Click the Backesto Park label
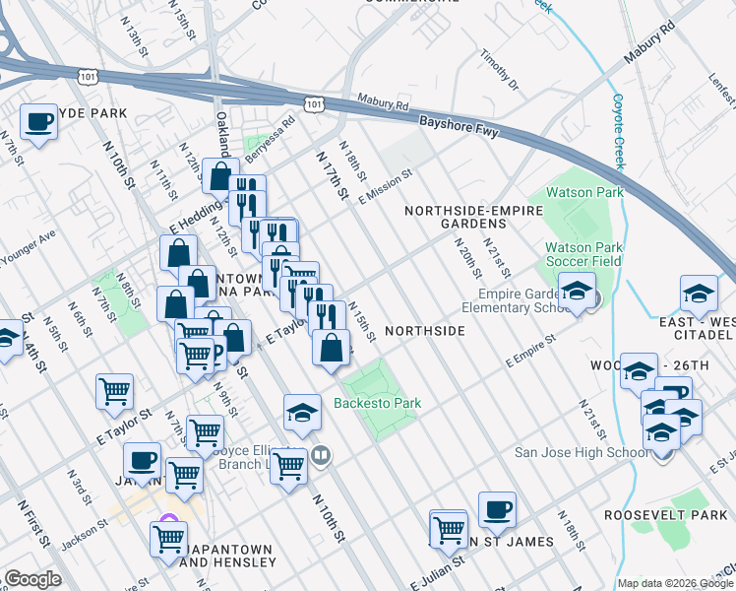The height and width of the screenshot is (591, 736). point(377,403)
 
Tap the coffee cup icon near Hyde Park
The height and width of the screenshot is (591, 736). point(38,123)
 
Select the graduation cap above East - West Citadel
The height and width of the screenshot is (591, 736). point(699,294)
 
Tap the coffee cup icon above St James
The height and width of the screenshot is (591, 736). point(497,510)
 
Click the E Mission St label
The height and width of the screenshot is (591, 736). point(385,184)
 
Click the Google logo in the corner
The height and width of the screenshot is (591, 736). point(32,579)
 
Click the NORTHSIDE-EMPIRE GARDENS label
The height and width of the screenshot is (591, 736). point(460,217)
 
